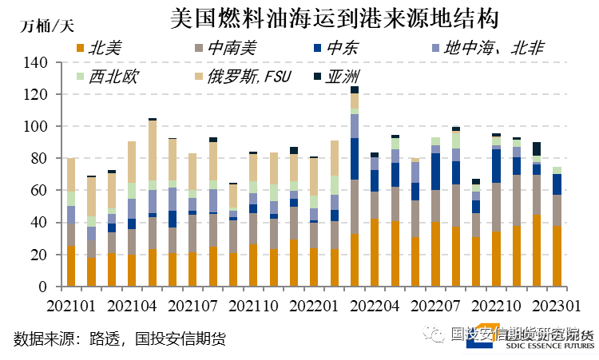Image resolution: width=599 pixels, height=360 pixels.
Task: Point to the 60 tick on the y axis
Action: coord(40,191)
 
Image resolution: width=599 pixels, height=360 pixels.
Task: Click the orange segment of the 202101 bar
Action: coord(71,266)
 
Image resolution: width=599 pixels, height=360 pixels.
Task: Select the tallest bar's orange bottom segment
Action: coord(354,260)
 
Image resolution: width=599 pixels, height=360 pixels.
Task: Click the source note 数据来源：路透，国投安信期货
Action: coord(120,338)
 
